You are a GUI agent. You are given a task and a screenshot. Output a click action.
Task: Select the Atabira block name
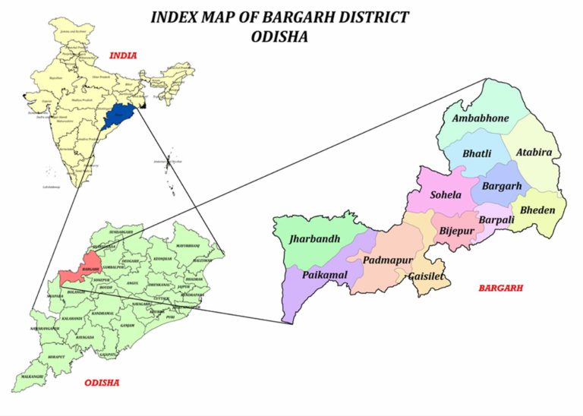534,153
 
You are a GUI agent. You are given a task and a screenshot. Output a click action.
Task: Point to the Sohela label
446,195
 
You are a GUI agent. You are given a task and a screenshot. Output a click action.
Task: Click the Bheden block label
537,210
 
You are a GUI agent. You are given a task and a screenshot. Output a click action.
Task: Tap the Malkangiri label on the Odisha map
33,377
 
